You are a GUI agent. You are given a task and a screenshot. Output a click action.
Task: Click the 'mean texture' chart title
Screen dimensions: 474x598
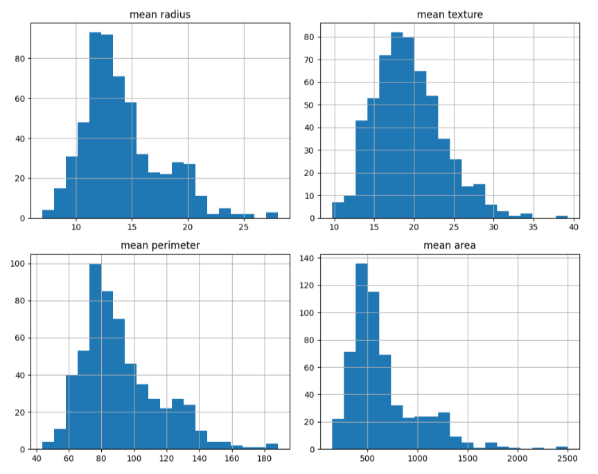(450, 15)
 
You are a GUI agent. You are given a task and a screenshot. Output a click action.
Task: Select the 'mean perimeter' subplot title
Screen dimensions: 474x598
(161, 245)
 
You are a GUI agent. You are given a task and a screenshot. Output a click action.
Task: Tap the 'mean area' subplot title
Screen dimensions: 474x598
(450, 245)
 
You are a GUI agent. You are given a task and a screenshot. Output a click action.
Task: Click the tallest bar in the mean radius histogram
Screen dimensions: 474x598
(96, 125)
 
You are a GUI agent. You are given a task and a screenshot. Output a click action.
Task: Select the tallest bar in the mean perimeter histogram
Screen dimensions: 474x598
(96, 356)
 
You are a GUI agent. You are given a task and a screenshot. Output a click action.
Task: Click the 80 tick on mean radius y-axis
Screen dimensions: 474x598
(20, 58)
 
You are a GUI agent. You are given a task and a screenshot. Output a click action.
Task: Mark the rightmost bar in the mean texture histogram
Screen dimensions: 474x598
(561, 218)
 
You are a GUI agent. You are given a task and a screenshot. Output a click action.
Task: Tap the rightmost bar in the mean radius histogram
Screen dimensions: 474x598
(272, 216)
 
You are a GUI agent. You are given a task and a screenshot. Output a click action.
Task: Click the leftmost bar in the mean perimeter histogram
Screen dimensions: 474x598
(48, 446)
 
